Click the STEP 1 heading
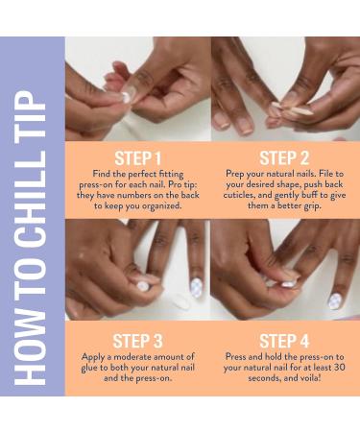pyautogui.click(x=137, y=156)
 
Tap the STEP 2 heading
pyautogui.click(x=285, y=156)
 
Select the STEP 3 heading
pyautogui.click(x=137, y=339)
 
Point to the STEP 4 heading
pyautogui.click(x=285, y=339)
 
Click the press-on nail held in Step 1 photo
pyautogui.click(x=126, y=96)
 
